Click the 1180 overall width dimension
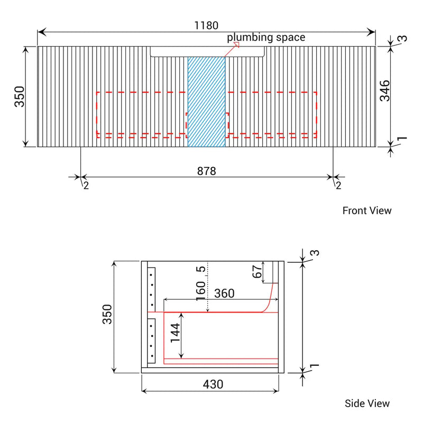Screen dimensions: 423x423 [x=207, y=25]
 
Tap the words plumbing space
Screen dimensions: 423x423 [x=266, y=38]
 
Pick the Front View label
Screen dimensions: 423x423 [x=367, y=210]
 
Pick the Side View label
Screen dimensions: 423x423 [x=367, y=403]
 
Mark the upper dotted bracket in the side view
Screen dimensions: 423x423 [x=152, y=289]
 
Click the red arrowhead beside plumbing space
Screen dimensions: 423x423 [x=236, y=45]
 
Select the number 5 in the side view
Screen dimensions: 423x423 [x=201, y=270]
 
